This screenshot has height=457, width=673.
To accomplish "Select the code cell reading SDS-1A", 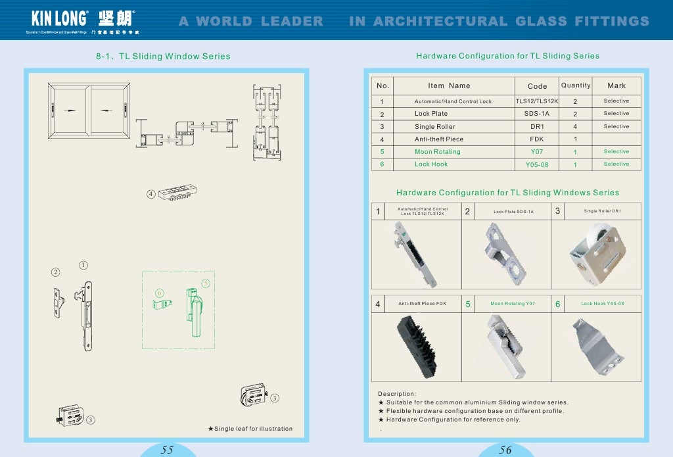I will pos(537,114).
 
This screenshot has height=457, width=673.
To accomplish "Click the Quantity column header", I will pos(576,85).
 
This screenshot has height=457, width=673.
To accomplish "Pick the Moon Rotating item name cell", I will pos(437,152).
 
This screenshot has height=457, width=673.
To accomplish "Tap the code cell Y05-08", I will pos(537,164).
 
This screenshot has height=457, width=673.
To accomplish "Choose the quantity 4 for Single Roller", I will pos(575,126).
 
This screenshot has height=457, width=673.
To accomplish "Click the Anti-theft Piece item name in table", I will pos(438,139).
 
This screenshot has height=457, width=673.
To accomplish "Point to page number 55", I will pos(167,450).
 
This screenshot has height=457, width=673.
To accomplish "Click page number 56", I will pos(505,450).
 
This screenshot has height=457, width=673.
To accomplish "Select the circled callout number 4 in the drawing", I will pos(151,194).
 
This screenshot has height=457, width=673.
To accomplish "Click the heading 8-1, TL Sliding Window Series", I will pos(163,57).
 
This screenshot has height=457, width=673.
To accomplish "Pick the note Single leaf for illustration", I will pos(250,429).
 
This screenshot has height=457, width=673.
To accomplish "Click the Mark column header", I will pos(616,85).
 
